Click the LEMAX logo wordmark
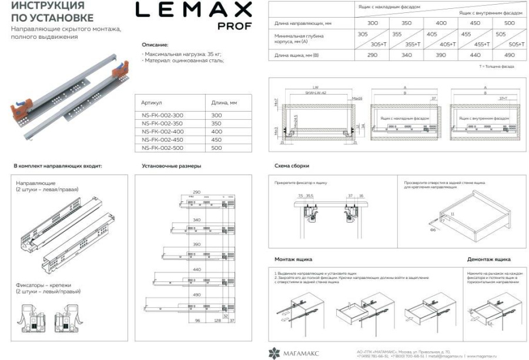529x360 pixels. (193, 10)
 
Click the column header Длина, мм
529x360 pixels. (225, 103)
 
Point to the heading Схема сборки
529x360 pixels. (292, 166)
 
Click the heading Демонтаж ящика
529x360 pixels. (488, 259)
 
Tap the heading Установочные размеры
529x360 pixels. (172, 166)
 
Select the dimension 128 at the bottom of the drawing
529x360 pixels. (217, 321)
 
